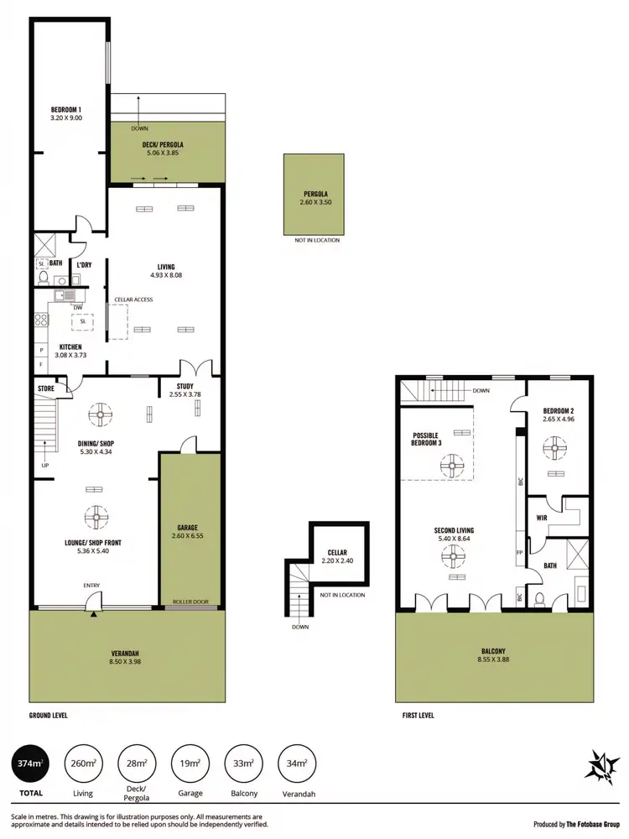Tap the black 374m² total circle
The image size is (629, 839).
(30, 763)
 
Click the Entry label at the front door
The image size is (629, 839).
(92, 586)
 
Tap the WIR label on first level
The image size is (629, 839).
(542, 518)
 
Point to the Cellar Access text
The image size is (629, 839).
(134, 300)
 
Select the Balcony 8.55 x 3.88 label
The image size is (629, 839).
(494, 655)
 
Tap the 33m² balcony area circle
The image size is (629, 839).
(244, 763)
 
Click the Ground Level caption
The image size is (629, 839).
(49, 716)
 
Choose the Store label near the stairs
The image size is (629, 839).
(46, 388)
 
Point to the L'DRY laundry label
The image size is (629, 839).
(84, 265)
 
